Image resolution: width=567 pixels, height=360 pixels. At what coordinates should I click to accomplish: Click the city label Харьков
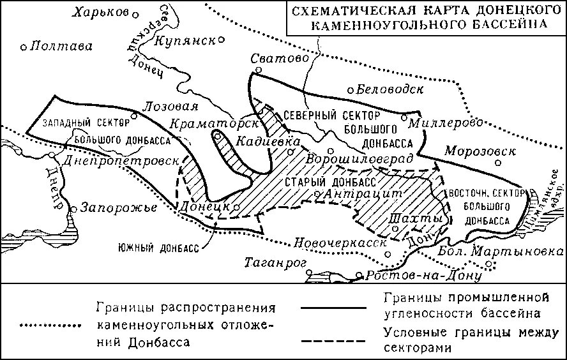click(100, 12)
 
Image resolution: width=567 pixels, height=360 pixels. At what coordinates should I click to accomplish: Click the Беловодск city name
click(389, 89)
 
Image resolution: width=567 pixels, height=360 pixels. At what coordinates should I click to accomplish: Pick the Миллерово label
click(440, 121)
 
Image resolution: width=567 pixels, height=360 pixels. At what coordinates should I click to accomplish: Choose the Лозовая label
click(172, 106)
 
